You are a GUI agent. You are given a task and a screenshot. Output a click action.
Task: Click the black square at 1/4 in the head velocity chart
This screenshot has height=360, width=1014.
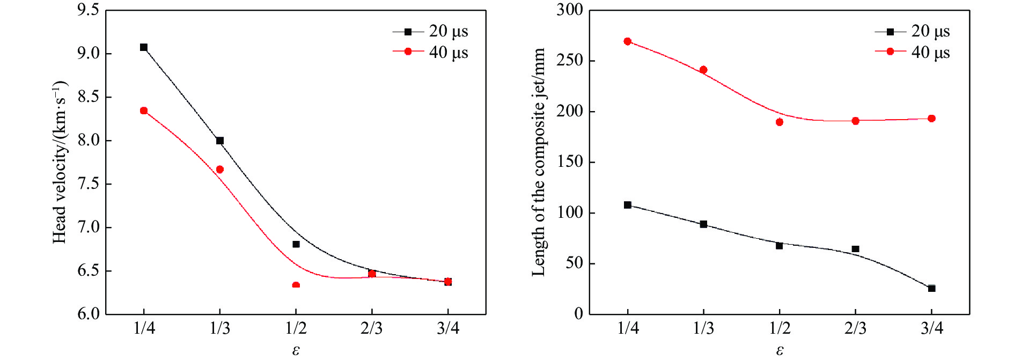click(144, 47)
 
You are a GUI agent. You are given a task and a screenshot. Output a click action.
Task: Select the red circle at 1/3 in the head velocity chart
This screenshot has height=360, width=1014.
click(220, 170)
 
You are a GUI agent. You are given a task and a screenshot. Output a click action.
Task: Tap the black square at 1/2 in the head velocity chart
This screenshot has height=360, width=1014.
click(296, 244)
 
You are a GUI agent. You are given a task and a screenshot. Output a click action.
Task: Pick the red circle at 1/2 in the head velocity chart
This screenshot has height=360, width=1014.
click(296, 285)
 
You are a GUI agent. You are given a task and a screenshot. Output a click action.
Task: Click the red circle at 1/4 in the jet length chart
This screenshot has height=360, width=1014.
click(628, 41)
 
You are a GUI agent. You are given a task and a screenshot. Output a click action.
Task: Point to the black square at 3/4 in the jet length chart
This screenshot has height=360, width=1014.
click(932, 289)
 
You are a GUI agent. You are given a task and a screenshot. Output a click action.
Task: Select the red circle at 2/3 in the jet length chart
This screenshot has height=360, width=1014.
click(856, 121)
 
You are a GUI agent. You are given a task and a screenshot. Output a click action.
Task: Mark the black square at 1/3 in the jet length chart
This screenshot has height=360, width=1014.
click(704, 224)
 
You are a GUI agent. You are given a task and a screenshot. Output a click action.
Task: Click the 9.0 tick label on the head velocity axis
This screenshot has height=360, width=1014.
click(89, 54)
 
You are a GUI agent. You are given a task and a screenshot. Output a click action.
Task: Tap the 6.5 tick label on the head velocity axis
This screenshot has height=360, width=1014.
click(89, 270)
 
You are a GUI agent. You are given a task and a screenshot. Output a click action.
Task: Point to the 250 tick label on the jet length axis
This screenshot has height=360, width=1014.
click(570, 61)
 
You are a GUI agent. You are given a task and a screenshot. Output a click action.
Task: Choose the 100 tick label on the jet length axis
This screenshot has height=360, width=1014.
click(570, 213)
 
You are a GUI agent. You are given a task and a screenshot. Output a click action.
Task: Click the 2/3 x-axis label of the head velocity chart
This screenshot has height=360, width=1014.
click(372, 328)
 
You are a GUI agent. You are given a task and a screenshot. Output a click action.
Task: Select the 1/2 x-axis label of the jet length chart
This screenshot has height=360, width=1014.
click(780, 328)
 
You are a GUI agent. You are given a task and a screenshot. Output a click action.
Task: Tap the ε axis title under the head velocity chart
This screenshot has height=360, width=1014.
click(296, 351)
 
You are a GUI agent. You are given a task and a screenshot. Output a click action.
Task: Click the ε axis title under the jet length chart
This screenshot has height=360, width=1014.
click(780, 351)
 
